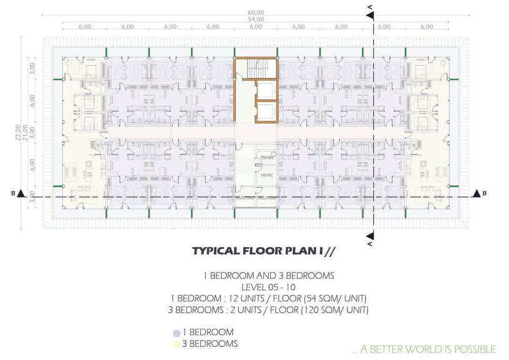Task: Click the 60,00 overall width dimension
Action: (x=256, y=12)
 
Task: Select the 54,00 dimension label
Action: (x=256, y=19)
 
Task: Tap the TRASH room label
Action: (x=267, y=158)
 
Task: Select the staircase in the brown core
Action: (x=256, y=68)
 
